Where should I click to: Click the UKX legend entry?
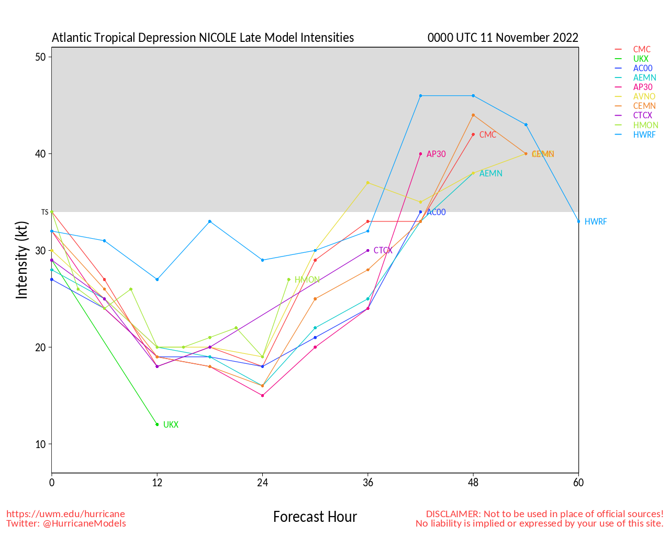pos(641,59)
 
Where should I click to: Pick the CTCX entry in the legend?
pos(642,116)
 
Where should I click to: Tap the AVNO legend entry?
pos(644,97)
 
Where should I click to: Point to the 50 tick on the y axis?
pos(40,57)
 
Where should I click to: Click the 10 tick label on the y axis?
pos(40,444)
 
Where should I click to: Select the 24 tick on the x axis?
pos(263,483)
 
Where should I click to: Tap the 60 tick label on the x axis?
pos(578,483)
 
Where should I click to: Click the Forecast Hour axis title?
pos(315,517)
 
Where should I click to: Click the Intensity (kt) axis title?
pos(21,260)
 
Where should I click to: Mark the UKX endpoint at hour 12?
pos(157,425)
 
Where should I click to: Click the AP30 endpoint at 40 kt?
pos(420,154)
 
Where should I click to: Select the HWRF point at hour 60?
pos(578,221)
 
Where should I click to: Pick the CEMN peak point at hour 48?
pos(473,115)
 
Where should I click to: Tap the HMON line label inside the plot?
pos(307,280)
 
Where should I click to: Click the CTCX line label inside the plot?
pos(383,251)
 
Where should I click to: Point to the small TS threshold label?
pos(44,212)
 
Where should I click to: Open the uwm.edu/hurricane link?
pos(65,514)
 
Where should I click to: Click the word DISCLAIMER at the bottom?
pos(452,514)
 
